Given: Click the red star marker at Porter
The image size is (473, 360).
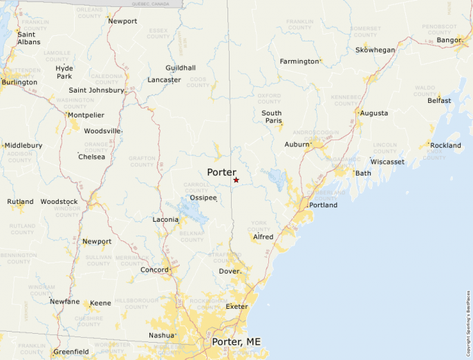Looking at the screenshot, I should (236, 180).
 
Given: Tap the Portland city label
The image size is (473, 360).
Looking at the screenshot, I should (323, 205).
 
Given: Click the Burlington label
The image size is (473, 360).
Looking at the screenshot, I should (19, 82).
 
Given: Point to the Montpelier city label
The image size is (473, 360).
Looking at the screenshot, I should (86, 115).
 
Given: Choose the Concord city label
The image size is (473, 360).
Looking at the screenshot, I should (154, 270).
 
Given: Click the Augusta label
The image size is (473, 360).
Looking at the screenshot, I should (374, 113).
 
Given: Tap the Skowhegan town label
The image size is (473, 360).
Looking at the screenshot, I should (375, 50).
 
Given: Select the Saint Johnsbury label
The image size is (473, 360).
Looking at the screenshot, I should (96, 91).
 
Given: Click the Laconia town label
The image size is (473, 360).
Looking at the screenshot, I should (166, 220).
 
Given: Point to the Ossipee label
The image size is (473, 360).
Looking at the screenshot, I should (203, 198).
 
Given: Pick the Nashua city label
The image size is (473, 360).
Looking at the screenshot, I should (161, 335).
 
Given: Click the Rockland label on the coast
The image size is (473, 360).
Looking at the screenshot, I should (445, 145).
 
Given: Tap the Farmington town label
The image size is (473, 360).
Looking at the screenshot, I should (299, 61).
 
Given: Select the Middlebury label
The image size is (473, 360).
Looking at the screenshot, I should (23, 146).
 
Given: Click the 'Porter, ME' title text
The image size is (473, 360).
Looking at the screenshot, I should (239, 342).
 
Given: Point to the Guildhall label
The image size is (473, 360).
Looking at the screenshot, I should (180, 68).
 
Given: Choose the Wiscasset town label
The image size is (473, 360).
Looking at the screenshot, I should (387, 162).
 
